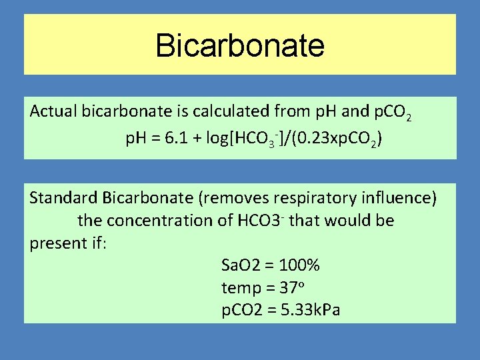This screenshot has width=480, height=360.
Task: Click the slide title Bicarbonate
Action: pyautogui.click(x=240, y=45)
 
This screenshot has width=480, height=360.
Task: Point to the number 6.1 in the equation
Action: pyautogui.click(x=178, y=139)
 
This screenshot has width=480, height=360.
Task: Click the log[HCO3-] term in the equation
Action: pyautogui.click(x=251, y=140)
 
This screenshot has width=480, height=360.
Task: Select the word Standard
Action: pyautogui.click(x=64, y=198)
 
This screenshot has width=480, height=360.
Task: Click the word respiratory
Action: pyautogui.click(x=309, y=198)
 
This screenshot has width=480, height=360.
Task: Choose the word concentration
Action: pyautogui.click(x=161, y=220)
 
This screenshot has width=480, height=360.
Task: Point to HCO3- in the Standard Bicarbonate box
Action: pyautogui.click(x=261, y=220)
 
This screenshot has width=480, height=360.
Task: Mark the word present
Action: pyautogui.click(x=55, y=243)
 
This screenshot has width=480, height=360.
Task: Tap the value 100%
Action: pyautogui.click(x=300, y=265)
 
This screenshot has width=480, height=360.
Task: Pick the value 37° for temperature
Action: pyautogui.click(x=290, y=288)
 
